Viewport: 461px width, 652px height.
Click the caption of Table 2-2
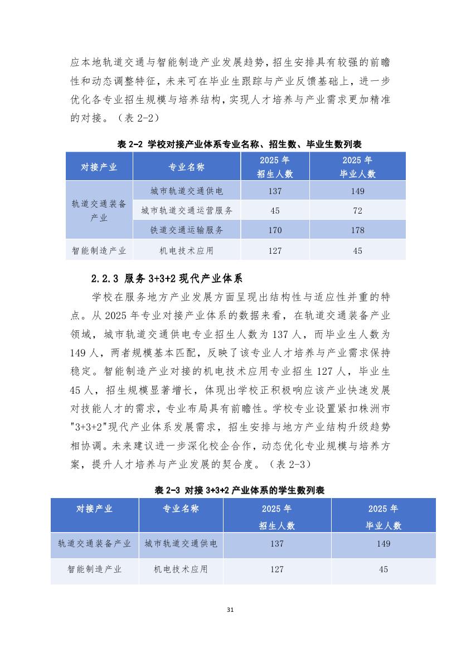(239, 144)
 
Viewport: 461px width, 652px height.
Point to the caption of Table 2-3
(239, 490)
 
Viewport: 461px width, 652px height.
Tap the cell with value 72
(357, 211)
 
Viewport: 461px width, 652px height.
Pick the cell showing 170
(275, 230)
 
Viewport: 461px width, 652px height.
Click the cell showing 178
(357, 230)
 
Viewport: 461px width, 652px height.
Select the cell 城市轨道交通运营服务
(187, 211)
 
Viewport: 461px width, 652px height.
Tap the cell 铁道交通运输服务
(187, 230)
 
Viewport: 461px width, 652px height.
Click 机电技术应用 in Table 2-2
(187, 250)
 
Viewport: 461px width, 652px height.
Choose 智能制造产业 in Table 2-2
(99, 250)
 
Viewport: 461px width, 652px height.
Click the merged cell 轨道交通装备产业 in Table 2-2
(99, 211)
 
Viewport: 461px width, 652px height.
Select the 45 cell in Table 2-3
(383, 569)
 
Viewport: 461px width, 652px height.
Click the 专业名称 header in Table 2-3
(181, 509)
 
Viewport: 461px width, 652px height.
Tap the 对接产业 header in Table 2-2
(99, 167)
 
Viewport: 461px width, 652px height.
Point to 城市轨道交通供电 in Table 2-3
(181, 544)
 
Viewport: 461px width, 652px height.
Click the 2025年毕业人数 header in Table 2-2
(357, 167)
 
